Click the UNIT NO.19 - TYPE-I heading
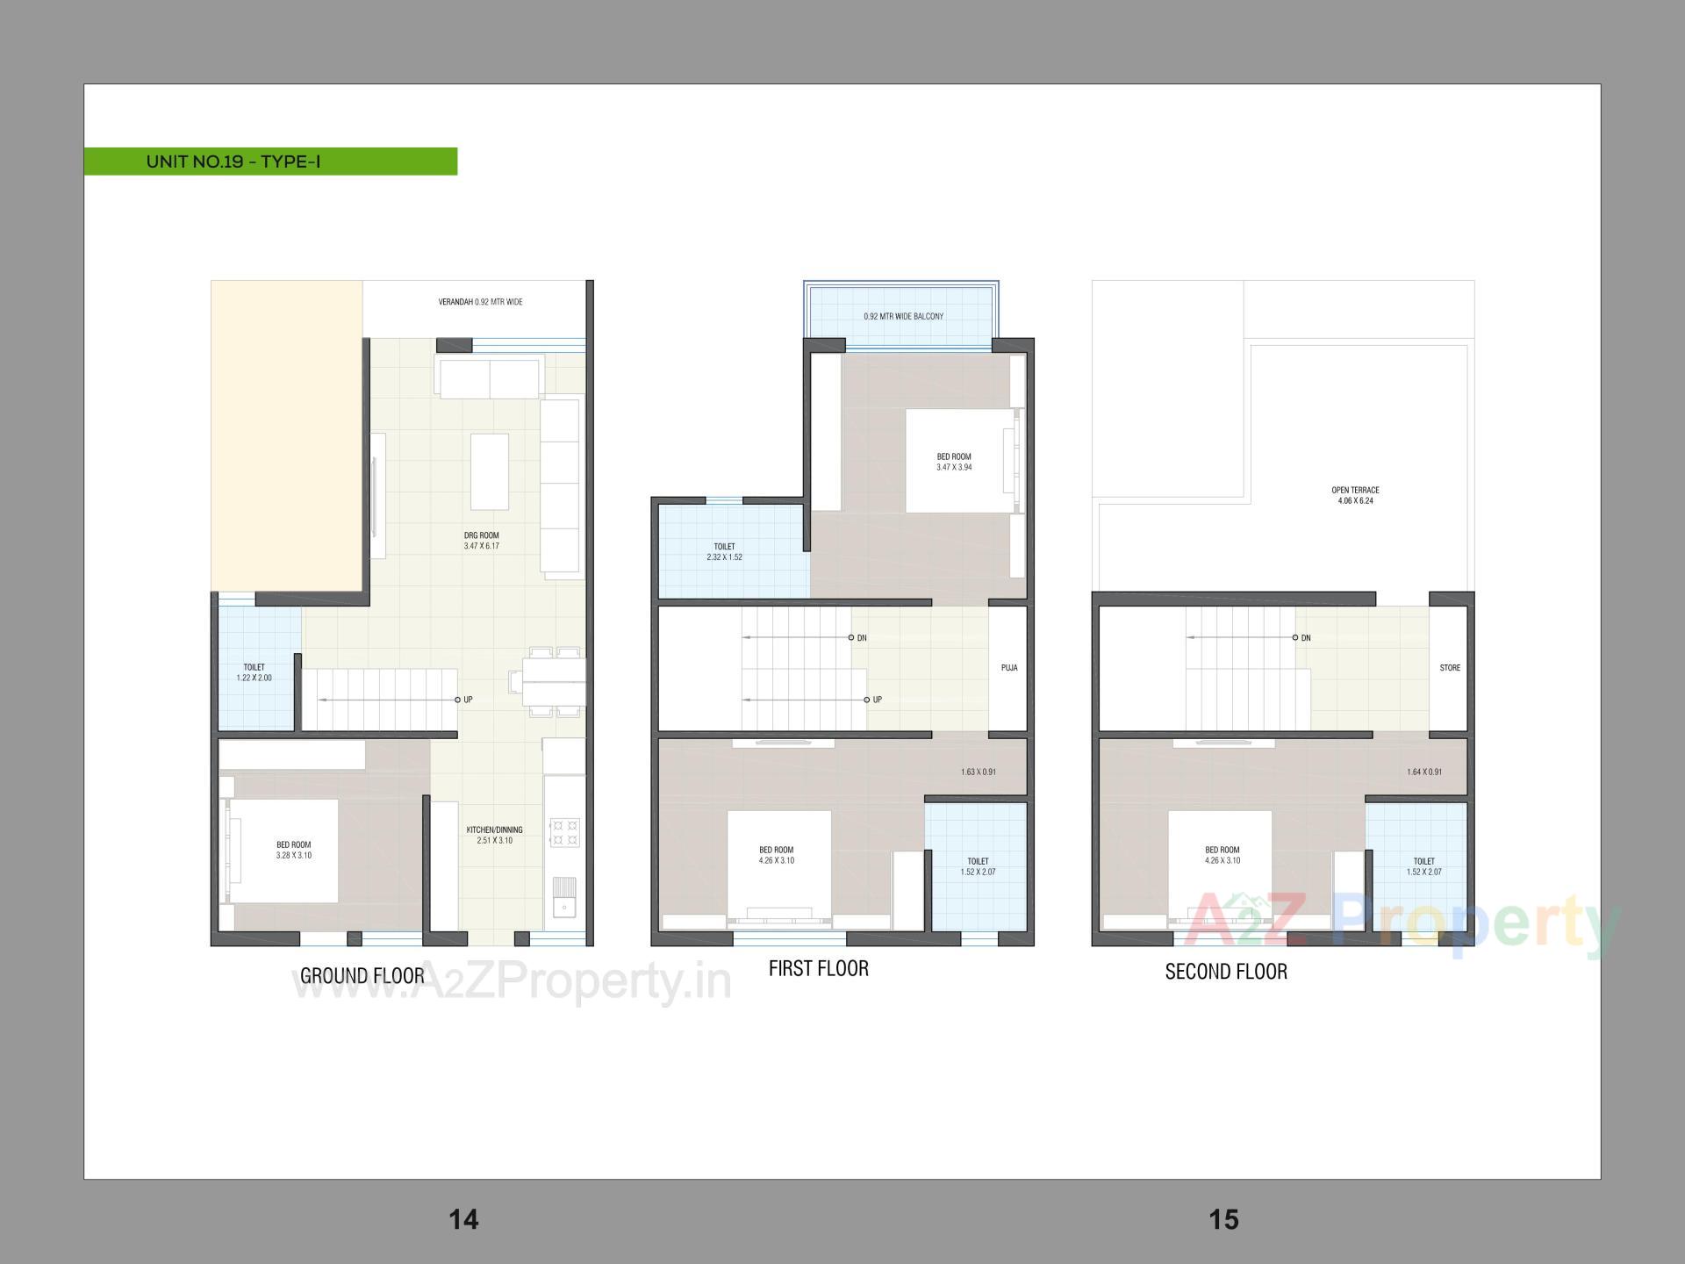pos(233,162)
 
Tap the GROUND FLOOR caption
pos(362,976)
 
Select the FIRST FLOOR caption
pos(818,969)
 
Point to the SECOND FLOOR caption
pos(1226,972)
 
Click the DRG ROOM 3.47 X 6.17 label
pos(481,541)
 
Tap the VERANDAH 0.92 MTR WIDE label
pos(480,302)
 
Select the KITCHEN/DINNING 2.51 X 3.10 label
pos(494,835)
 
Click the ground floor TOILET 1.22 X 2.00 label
pos(254,672)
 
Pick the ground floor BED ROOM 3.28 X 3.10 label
pos(293,850)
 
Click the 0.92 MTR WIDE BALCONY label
pos(903,316)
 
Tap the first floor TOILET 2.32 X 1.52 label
pos(724,551)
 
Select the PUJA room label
pos(1009,668)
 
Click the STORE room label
pos(1450,668)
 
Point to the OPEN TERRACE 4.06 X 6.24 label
pos(1355,495)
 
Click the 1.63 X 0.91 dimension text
pos(978,772)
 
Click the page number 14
pos(463,1219)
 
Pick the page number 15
pos(1223,1219)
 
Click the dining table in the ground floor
pos(553,682)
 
